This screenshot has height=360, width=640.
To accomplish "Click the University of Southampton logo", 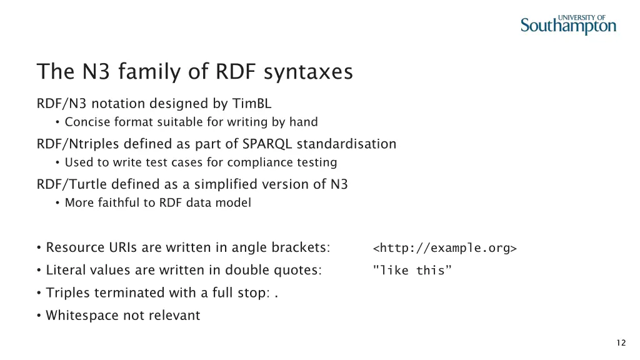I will coord(568,24).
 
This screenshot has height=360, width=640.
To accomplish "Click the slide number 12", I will coord(621,342).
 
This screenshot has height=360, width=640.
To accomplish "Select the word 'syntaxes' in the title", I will coord(308,72).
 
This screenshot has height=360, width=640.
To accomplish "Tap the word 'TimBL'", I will coord(252,103).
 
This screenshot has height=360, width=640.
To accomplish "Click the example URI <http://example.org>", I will coord(444,248).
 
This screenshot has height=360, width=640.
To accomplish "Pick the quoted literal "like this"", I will coord(411,271).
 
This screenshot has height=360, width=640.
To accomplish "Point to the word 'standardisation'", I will coord(346,144).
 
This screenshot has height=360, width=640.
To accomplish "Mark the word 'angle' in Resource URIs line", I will coord(249,247).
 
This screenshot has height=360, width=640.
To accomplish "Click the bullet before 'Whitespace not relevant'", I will coord(39,316).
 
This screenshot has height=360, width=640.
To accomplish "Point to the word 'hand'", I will coord(305,122).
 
